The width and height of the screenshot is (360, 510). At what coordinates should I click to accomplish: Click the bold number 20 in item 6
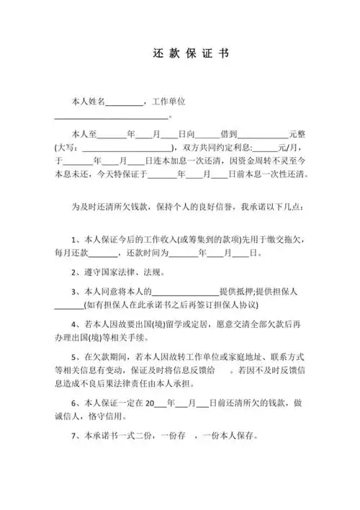[x=150, y=404]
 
